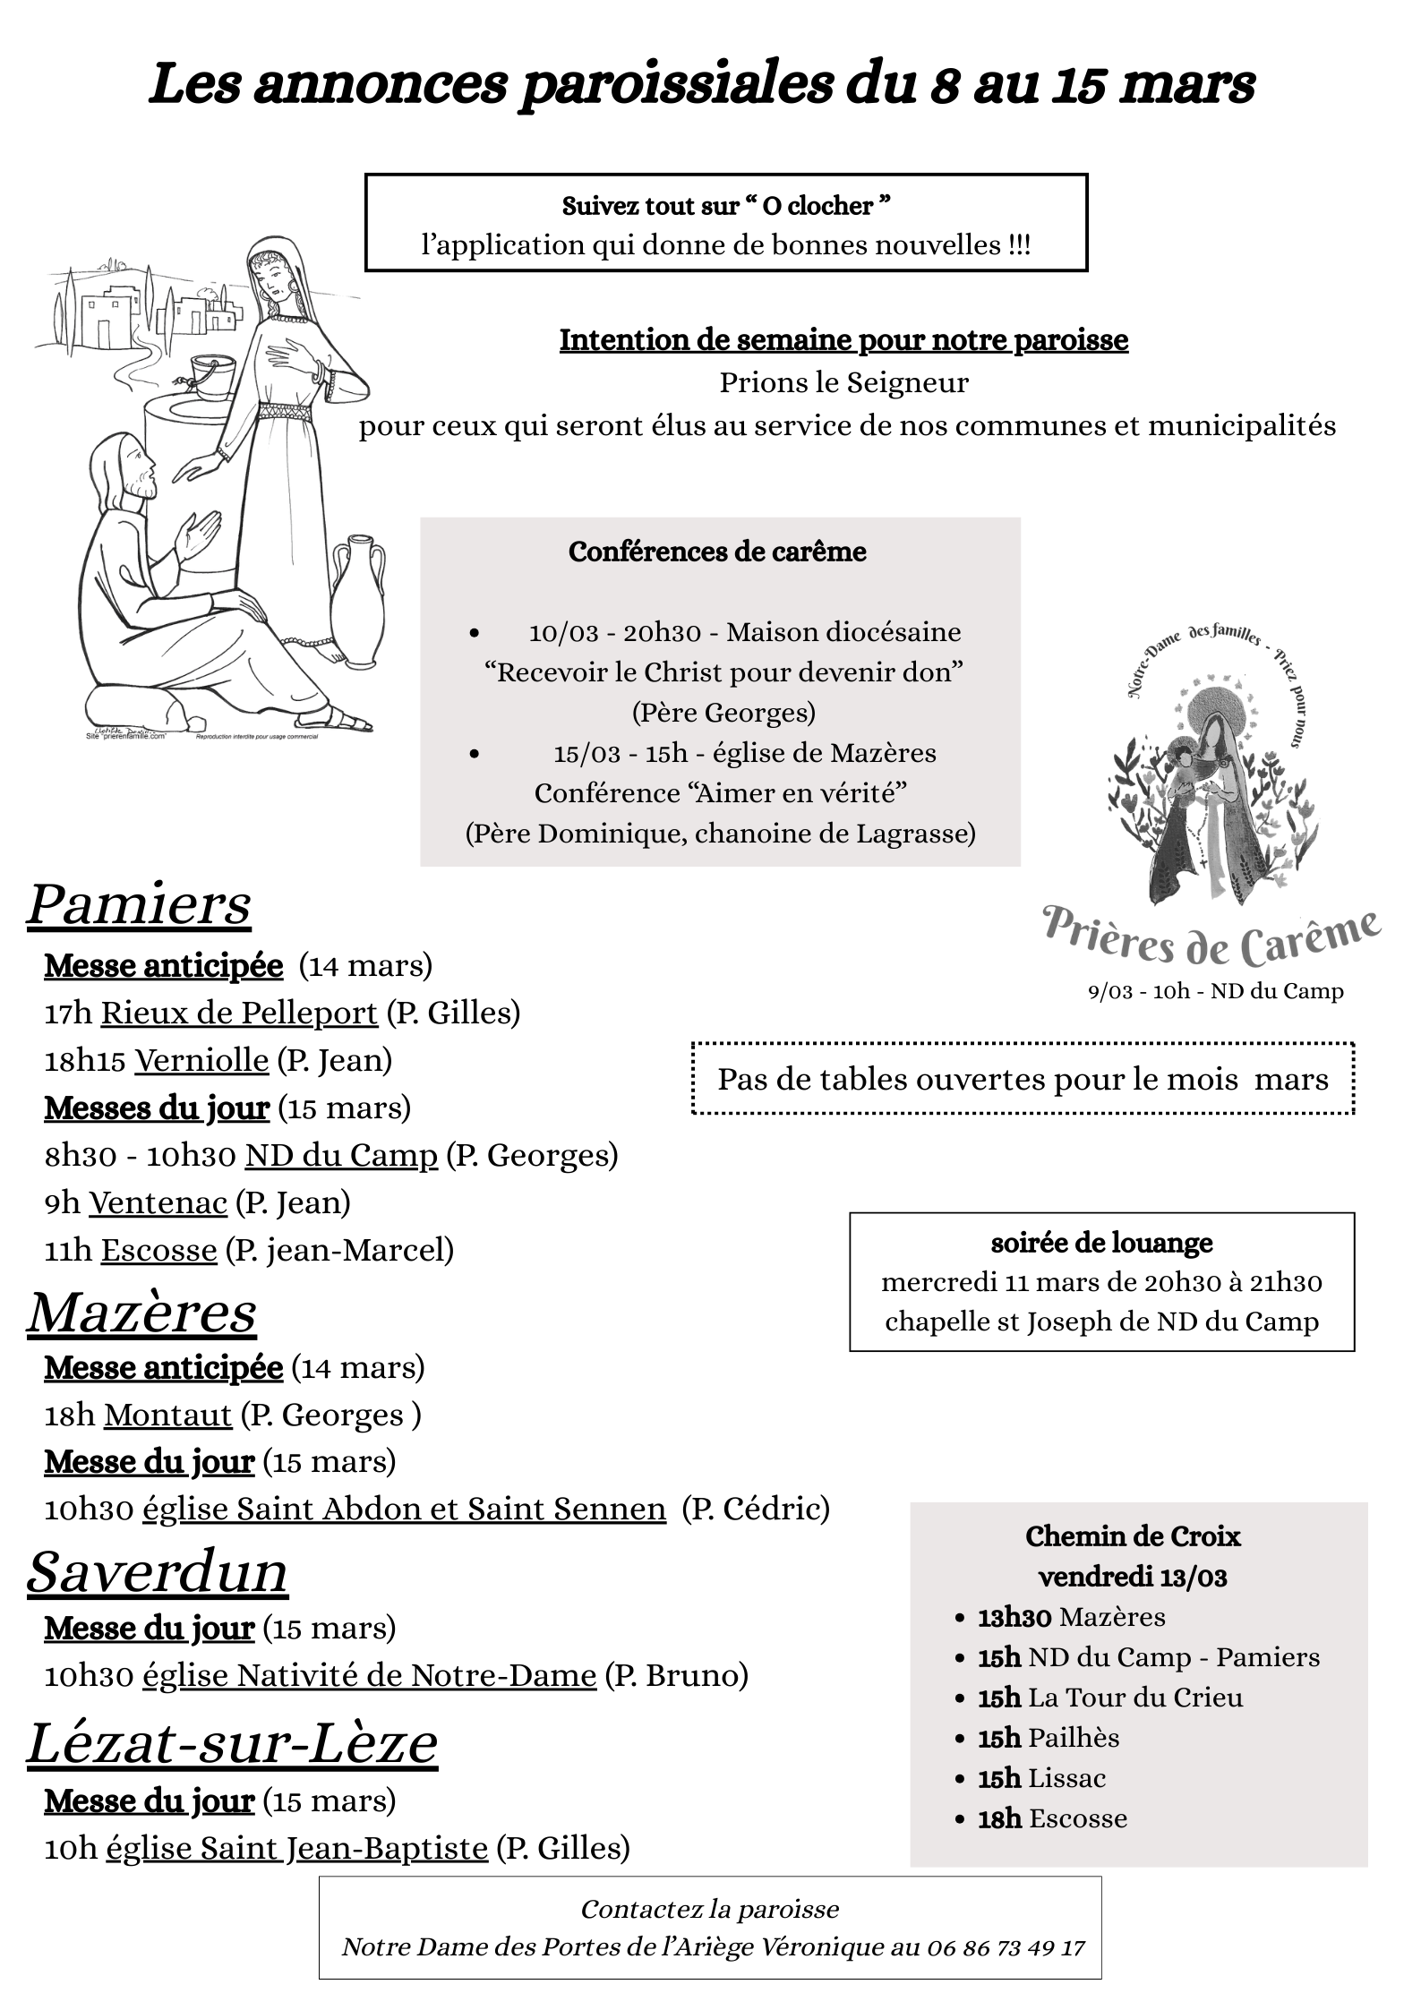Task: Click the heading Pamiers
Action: [x=139, y=904]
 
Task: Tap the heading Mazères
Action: [x=141, y=1313]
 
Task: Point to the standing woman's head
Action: [x=274, y=278]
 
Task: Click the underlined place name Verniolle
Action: [x=201, y=1060]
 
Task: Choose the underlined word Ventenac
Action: [x=158, y=1202]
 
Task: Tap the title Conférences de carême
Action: [x=717, y=552]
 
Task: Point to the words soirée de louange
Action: [x=1101, y=1243]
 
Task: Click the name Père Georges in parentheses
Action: [x=724, y=713]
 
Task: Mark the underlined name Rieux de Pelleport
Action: [x=239, y=1013]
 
